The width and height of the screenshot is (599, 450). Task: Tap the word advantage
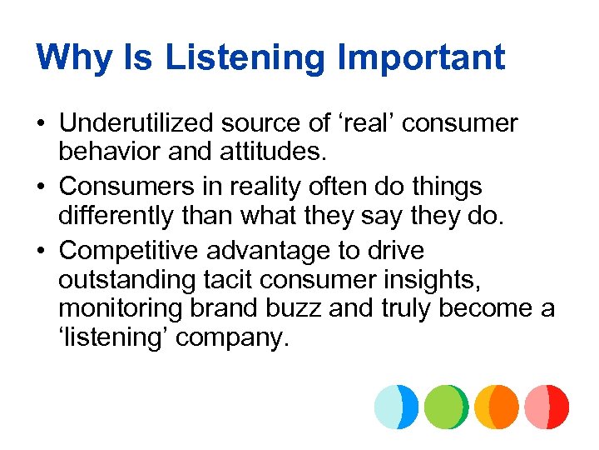(x=280, y=250)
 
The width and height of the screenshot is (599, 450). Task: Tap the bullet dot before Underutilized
(x=40, y=125)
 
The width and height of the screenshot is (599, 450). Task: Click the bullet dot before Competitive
(x=40, y=251)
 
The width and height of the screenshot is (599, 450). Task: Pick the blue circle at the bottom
(x=396, y=407)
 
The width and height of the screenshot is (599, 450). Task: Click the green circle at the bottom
(x=446, y=407)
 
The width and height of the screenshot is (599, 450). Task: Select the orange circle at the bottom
(x=497, y=407)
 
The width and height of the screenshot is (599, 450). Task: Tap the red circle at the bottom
(x=547, y=407)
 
